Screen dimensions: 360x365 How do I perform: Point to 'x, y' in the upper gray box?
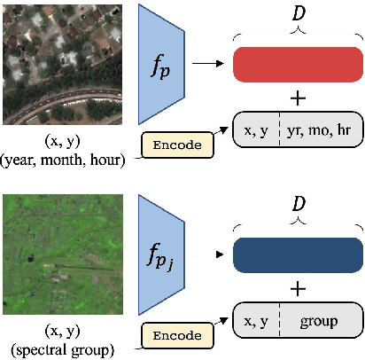257,129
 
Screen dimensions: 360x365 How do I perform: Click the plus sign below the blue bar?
299,288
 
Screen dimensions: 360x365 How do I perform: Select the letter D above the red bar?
298,12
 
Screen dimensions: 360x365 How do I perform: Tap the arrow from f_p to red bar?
210,64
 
